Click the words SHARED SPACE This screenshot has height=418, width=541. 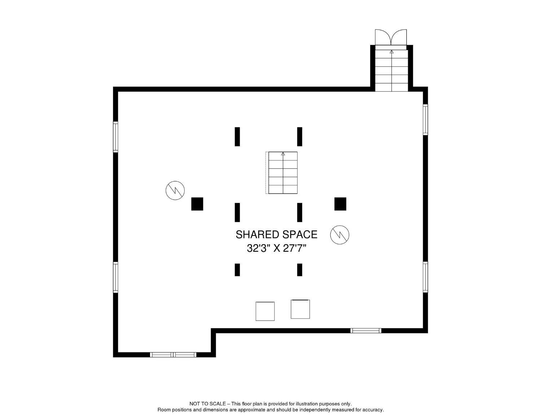[276, 234]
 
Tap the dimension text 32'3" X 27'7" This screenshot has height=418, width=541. [276, 248]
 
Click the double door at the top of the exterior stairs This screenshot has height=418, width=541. [391, 37]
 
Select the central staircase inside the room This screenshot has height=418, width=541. [283, 173]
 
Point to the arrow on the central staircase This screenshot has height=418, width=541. [283, 154]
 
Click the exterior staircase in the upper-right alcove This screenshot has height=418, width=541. [391, 70]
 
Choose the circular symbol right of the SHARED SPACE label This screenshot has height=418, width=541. [340, 234]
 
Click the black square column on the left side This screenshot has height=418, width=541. [197, 204]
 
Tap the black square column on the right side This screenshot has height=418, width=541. [340, 204]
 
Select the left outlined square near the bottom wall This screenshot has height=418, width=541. [265, 311]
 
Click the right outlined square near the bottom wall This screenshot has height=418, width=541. [300, 309]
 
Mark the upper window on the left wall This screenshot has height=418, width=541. [115, 137]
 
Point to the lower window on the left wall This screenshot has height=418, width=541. [115, 277]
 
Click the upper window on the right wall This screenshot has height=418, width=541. [426, 120]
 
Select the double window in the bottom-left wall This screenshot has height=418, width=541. [173, 355]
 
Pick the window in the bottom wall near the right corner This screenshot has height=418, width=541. [366, 330]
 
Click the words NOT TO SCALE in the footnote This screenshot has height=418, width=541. [207, 404]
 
